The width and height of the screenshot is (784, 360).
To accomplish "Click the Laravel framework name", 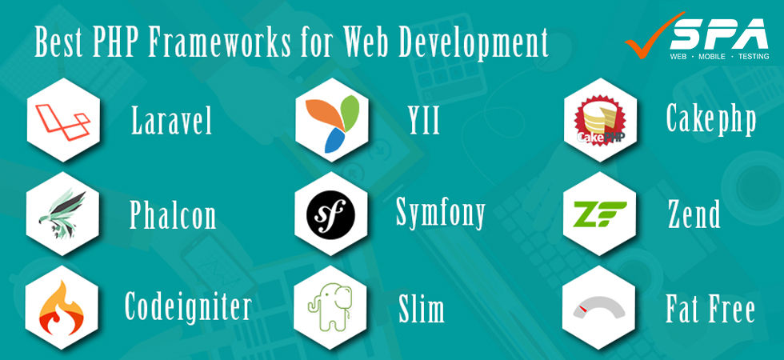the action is tap(172, 122).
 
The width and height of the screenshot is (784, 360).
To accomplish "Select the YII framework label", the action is tap(423, 122).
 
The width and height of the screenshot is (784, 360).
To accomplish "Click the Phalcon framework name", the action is tap(173, 215).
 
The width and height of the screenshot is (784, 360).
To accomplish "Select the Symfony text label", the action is tap(441, 213).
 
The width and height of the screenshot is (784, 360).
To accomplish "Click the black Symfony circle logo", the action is tap(330, 213).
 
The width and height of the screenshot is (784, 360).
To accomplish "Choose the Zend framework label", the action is tap(694, 214).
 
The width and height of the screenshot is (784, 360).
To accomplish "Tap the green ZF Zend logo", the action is tap(600, 214).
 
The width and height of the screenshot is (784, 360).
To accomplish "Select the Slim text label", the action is tap(422, 309).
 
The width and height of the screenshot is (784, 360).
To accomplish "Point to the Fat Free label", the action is tap(710, 309).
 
